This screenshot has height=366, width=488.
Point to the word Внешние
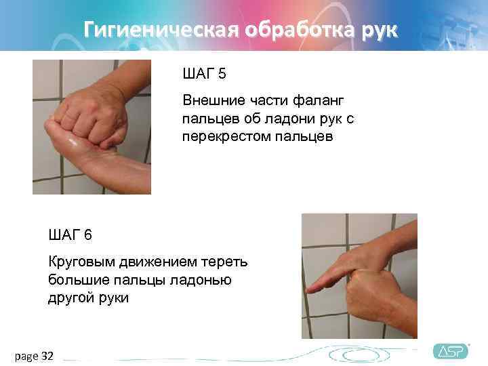[x=214, y=100]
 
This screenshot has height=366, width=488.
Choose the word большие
[x=75, y=280]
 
